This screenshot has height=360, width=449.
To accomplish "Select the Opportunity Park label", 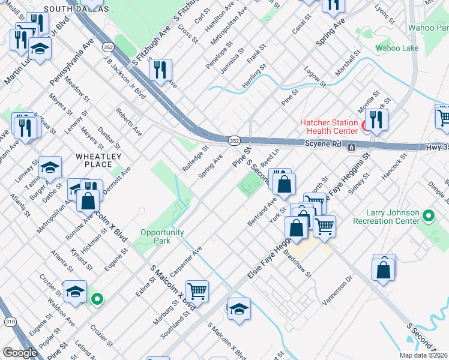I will tap(164, 236).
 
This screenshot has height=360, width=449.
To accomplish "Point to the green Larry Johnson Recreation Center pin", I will tap(428, 215).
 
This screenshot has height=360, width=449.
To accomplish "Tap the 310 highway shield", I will tap(10, 322).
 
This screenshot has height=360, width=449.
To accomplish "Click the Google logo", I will tap(19, 353).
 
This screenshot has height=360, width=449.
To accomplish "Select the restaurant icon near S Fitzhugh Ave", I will tap(160, 69).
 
